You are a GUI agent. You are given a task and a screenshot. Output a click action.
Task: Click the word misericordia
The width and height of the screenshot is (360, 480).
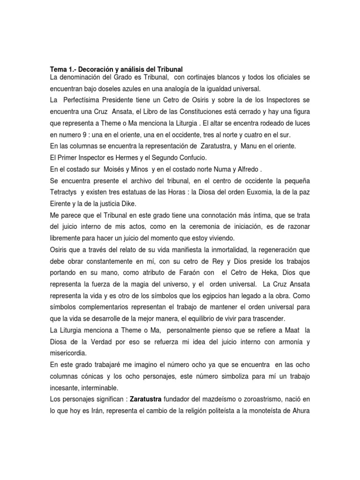click(x=70, y=352)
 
